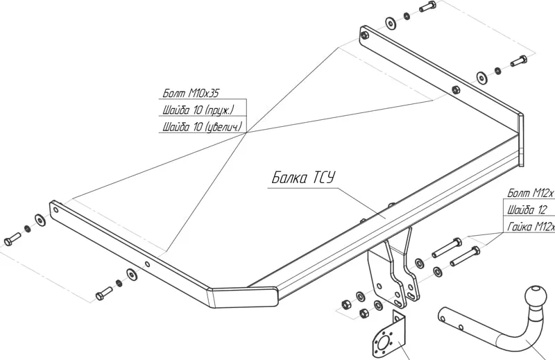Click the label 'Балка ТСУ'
point(302,178)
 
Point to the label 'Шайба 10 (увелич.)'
point(202,126)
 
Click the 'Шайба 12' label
point(528,209)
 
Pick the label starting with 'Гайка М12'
point(531,227)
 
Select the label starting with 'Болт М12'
point(531,192)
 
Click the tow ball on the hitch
point(536,294)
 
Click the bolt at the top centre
point(427,8)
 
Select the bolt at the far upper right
point(519,62)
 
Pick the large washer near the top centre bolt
point(391,23)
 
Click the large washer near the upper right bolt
point(481,76)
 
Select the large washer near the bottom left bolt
point(130,273)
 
